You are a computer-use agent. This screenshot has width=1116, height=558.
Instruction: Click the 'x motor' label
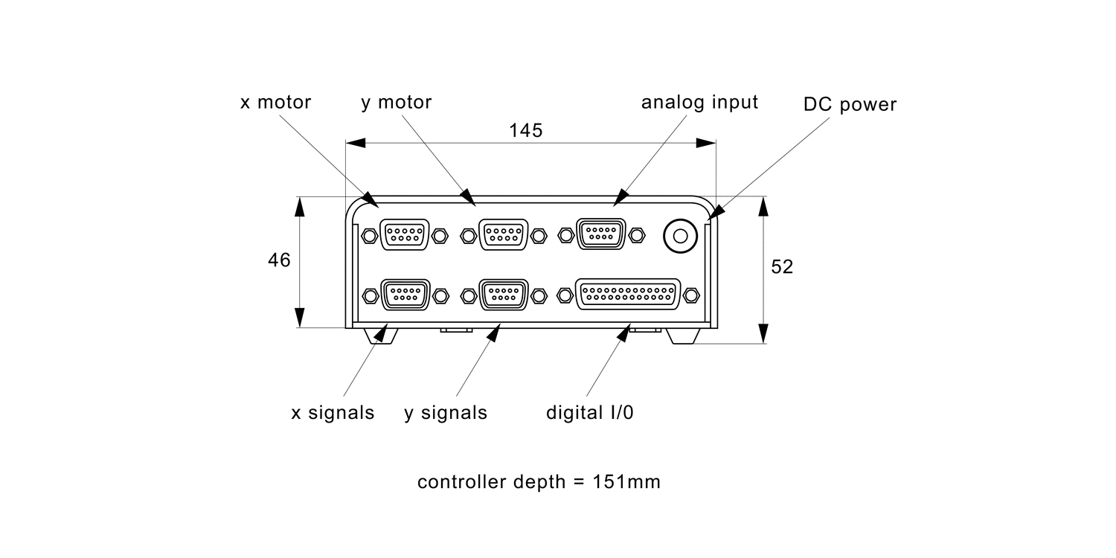coord(275,102)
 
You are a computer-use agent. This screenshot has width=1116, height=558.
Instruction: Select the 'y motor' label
coord(397,102)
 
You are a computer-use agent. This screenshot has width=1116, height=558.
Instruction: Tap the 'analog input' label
coord(699,102)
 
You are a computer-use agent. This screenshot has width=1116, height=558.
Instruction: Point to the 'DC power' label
coord(850,105)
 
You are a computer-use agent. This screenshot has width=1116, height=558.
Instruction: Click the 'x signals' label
coord(333,413)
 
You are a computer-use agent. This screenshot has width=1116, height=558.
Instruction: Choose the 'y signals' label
coord(446,413)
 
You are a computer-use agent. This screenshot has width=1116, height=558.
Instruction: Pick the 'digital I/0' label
coord(590,412)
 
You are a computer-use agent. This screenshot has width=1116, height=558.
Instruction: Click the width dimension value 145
coord(526,130)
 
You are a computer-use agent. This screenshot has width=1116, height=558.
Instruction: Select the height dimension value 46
coord(279,260)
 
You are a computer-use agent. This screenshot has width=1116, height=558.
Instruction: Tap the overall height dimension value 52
coord(782,267)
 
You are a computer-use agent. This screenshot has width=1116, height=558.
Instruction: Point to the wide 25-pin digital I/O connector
coord(629,295)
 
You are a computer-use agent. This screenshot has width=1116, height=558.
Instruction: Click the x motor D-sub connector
coord(404,235)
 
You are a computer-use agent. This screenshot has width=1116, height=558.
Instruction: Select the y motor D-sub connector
coord(504,235)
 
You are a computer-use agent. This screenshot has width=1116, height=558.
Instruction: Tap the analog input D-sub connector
coord(601,235)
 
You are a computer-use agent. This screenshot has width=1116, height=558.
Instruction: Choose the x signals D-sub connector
coord(405,295)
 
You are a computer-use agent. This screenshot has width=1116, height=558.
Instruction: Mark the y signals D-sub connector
coord(504,295)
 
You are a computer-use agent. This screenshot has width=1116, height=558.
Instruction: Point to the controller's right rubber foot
coord(682,336)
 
